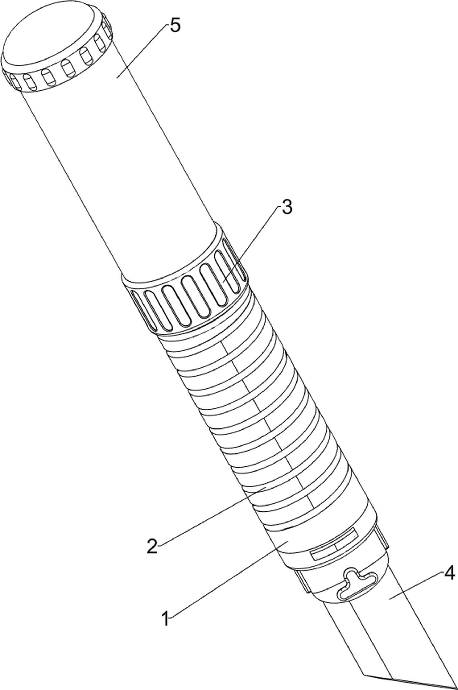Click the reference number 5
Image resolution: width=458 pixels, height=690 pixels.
(175, 26)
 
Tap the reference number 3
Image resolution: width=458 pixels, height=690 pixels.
(287, 207)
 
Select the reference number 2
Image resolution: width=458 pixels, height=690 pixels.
(152, 547)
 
